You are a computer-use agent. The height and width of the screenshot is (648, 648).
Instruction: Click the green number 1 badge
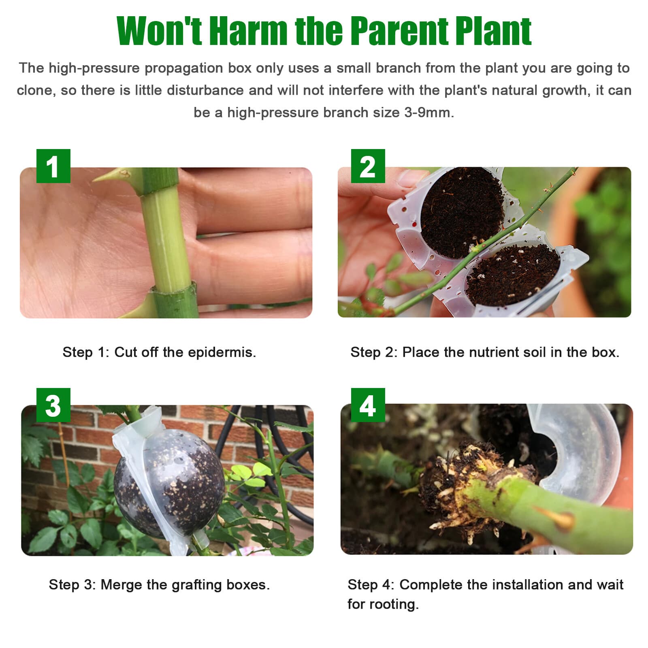coord(53,166)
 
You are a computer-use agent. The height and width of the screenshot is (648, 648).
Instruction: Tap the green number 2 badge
coord(368,166)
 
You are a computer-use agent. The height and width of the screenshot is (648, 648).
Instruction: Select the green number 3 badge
coord(53,405)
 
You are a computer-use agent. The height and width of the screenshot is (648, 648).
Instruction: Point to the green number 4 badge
coord(368,405)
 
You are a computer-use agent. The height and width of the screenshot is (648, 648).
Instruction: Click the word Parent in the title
coord(399,32)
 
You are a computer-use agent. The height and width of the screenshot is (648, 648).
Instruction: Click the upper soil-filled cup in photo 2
coord(462,211)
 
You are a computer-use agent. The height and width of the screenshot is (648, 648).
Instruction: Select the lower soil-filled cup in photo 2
coord(512,275)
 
